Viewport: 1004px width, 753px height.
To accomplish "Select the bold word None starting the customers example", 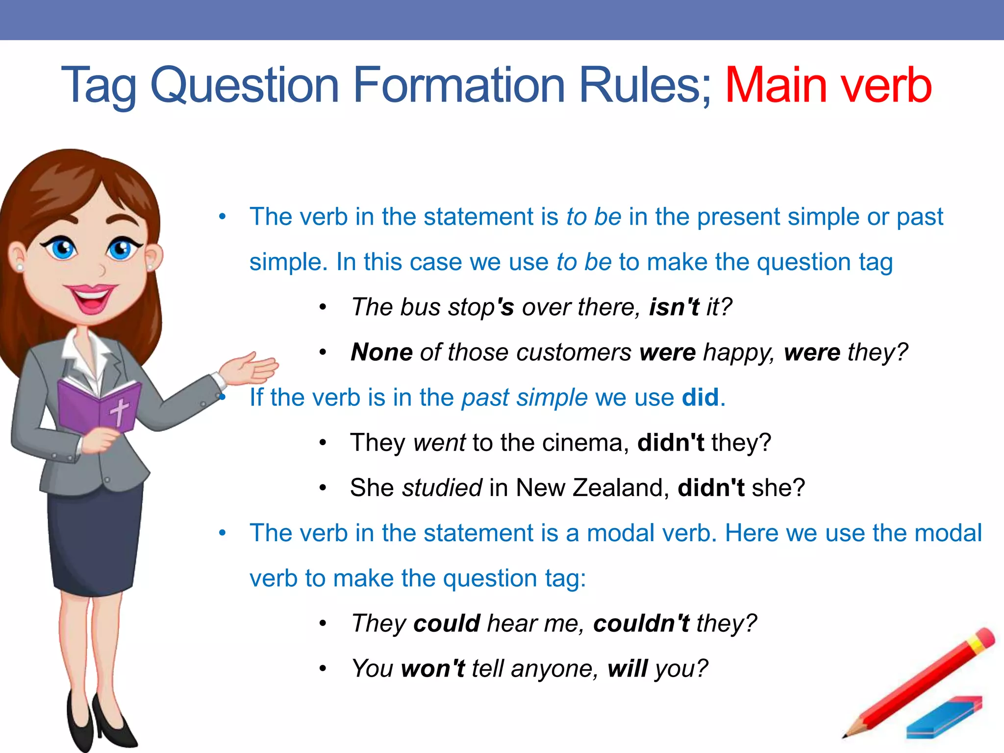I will [x=381, y=352].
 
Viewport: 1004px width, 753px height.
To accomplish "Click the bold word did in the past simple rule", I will [x=700, y=398].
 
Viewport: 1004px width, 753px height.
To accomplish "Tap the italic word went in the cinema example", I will [x=439, y=443].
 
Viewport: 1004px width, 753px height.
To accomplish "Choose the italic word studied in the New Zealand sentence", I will [x=442, y=488].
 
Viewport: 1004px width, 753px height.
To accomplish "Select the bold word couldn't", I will [x=641, y=624].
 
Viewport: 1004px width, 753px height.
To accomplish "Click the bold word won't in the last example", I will [x=432, y=669].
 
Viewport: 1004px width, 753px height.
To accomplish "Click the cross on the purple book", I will [x=119, y=411].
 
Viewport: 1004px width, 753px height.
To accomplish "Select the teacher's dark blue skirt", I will [x=93, y=539].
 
